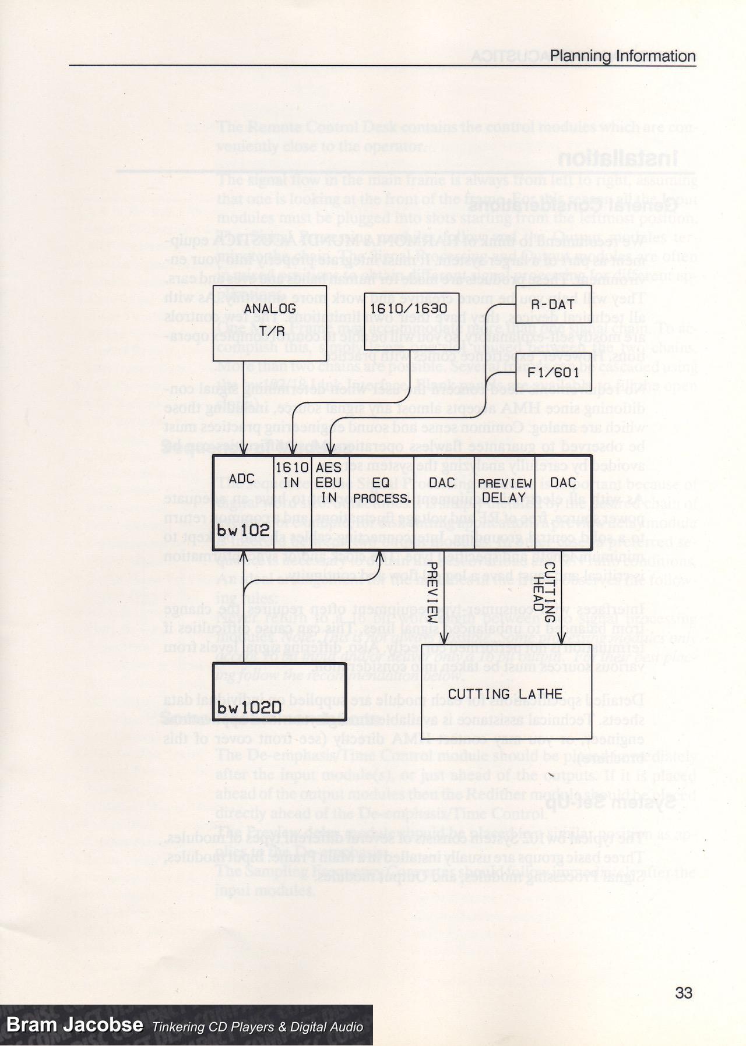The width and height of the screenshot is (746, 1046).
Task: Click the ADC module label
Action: coord(242,479)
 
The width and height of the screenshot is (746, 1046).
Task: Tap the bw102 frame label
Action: coord(243,529)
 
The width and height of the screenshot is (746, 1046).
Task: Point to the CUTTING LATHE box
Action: coord(505,694)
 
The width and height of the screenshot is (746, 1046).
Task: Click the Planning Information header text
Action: coord(622,56)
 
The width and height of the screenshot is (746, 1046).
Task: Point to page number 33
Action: coord(683,992)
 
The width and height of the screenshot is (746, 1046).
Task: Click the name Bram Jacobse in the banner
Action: coord(75,1026)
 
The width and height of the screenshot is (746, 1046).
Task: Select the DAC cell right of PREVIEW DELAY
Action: coord(563,482)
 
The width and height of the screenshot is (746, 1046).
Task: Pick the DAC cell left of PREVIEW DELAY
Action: coord(441,482)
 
